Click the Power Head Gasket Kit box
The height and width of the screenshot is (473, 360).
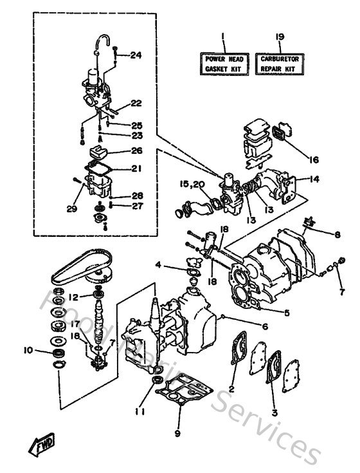coord(221,62)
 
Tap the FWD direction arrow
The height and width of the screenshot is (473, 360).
coord(40,444)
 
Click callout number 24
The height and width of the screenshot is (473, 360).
coord(135,55)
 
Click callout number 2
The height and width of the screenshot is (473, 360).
coord(230,389)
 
